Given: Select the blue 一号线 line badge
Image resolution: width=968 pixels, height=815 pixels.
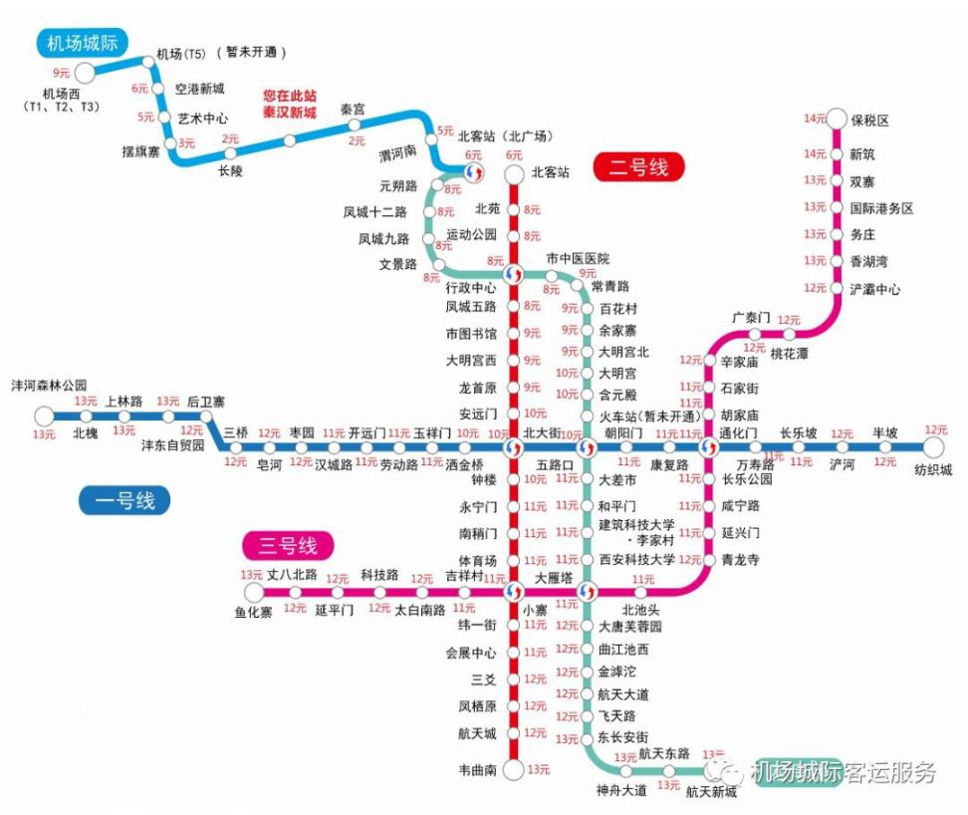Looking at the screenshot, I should click(124, 500).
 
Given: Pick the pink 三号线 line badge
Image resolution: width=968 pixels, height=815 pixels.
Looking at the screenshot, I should click(289, 545).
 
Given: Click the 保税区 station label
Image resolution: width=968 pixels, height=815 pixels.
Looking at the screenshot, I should click(869, 121).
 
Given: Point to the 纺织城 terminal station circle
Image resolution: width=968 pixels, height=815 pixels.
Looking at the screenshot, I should click(933, 448).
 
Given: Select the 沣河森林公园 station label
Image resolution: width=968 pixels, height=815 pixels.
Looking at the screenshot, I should click(49, 385).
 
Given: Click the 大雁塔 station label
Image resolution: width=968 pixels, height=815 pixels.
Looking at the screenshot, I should click(554, 577).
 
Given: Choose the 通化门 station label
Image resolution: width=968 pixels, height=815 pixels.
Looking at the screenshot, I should click(738, 433).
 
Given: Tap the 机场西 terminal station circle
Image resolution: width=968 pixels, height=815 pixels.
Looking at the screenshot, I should click(84, 72).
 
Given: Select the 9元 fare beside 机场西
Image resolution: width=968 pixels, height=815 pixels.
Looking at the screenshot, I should click(61, 73).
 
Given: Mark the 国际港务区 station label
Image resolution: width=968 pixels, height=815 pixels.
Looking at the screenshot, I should click(881, 208).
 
